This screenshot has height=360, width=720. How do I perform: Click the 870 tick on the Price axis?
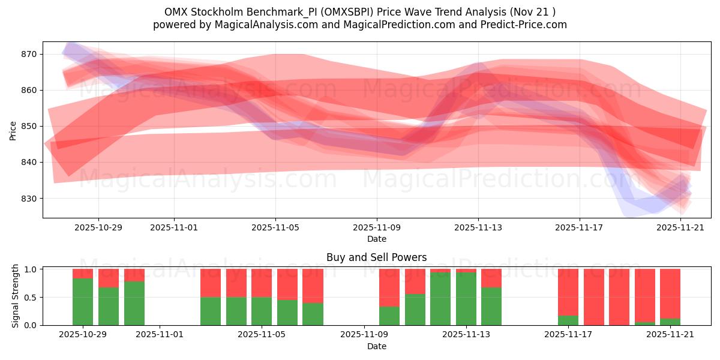click(29, 54)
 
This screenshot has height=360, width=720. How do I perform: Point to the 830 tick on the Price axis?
click(29, 199)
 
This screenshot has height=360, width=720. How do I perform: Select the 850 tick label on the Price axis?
click(29, 127)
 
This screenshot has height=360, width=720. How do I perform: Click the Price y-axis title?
click(13, 130)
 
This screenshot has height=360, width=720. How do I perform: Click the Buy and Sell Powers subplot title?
click(376, 257)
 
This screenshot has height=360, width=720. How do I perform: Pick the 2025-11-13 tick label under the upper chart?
click(478, 228)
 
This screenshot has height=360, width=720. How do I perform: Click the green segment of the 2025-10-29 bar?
click(83, 302)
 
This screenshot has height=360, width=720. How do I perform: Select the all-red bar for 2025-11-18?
click(593, 297)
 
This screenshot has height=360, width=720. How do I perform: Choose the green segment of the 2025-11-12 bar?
click(440, 299)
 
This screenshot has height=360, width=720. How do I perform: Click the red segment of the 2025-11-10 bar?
click(415, 281)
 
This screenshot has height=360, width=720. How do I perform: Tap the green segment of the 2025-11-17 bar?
click(568, 320)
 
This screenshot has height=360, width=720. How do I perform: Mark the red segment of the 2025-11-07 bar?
click(313, 286)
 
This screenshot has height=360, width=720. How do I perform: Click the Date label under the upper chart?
click(376, 239)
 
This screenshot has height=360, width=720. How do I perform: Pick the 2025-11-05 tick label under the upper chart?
click(275, 228)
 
